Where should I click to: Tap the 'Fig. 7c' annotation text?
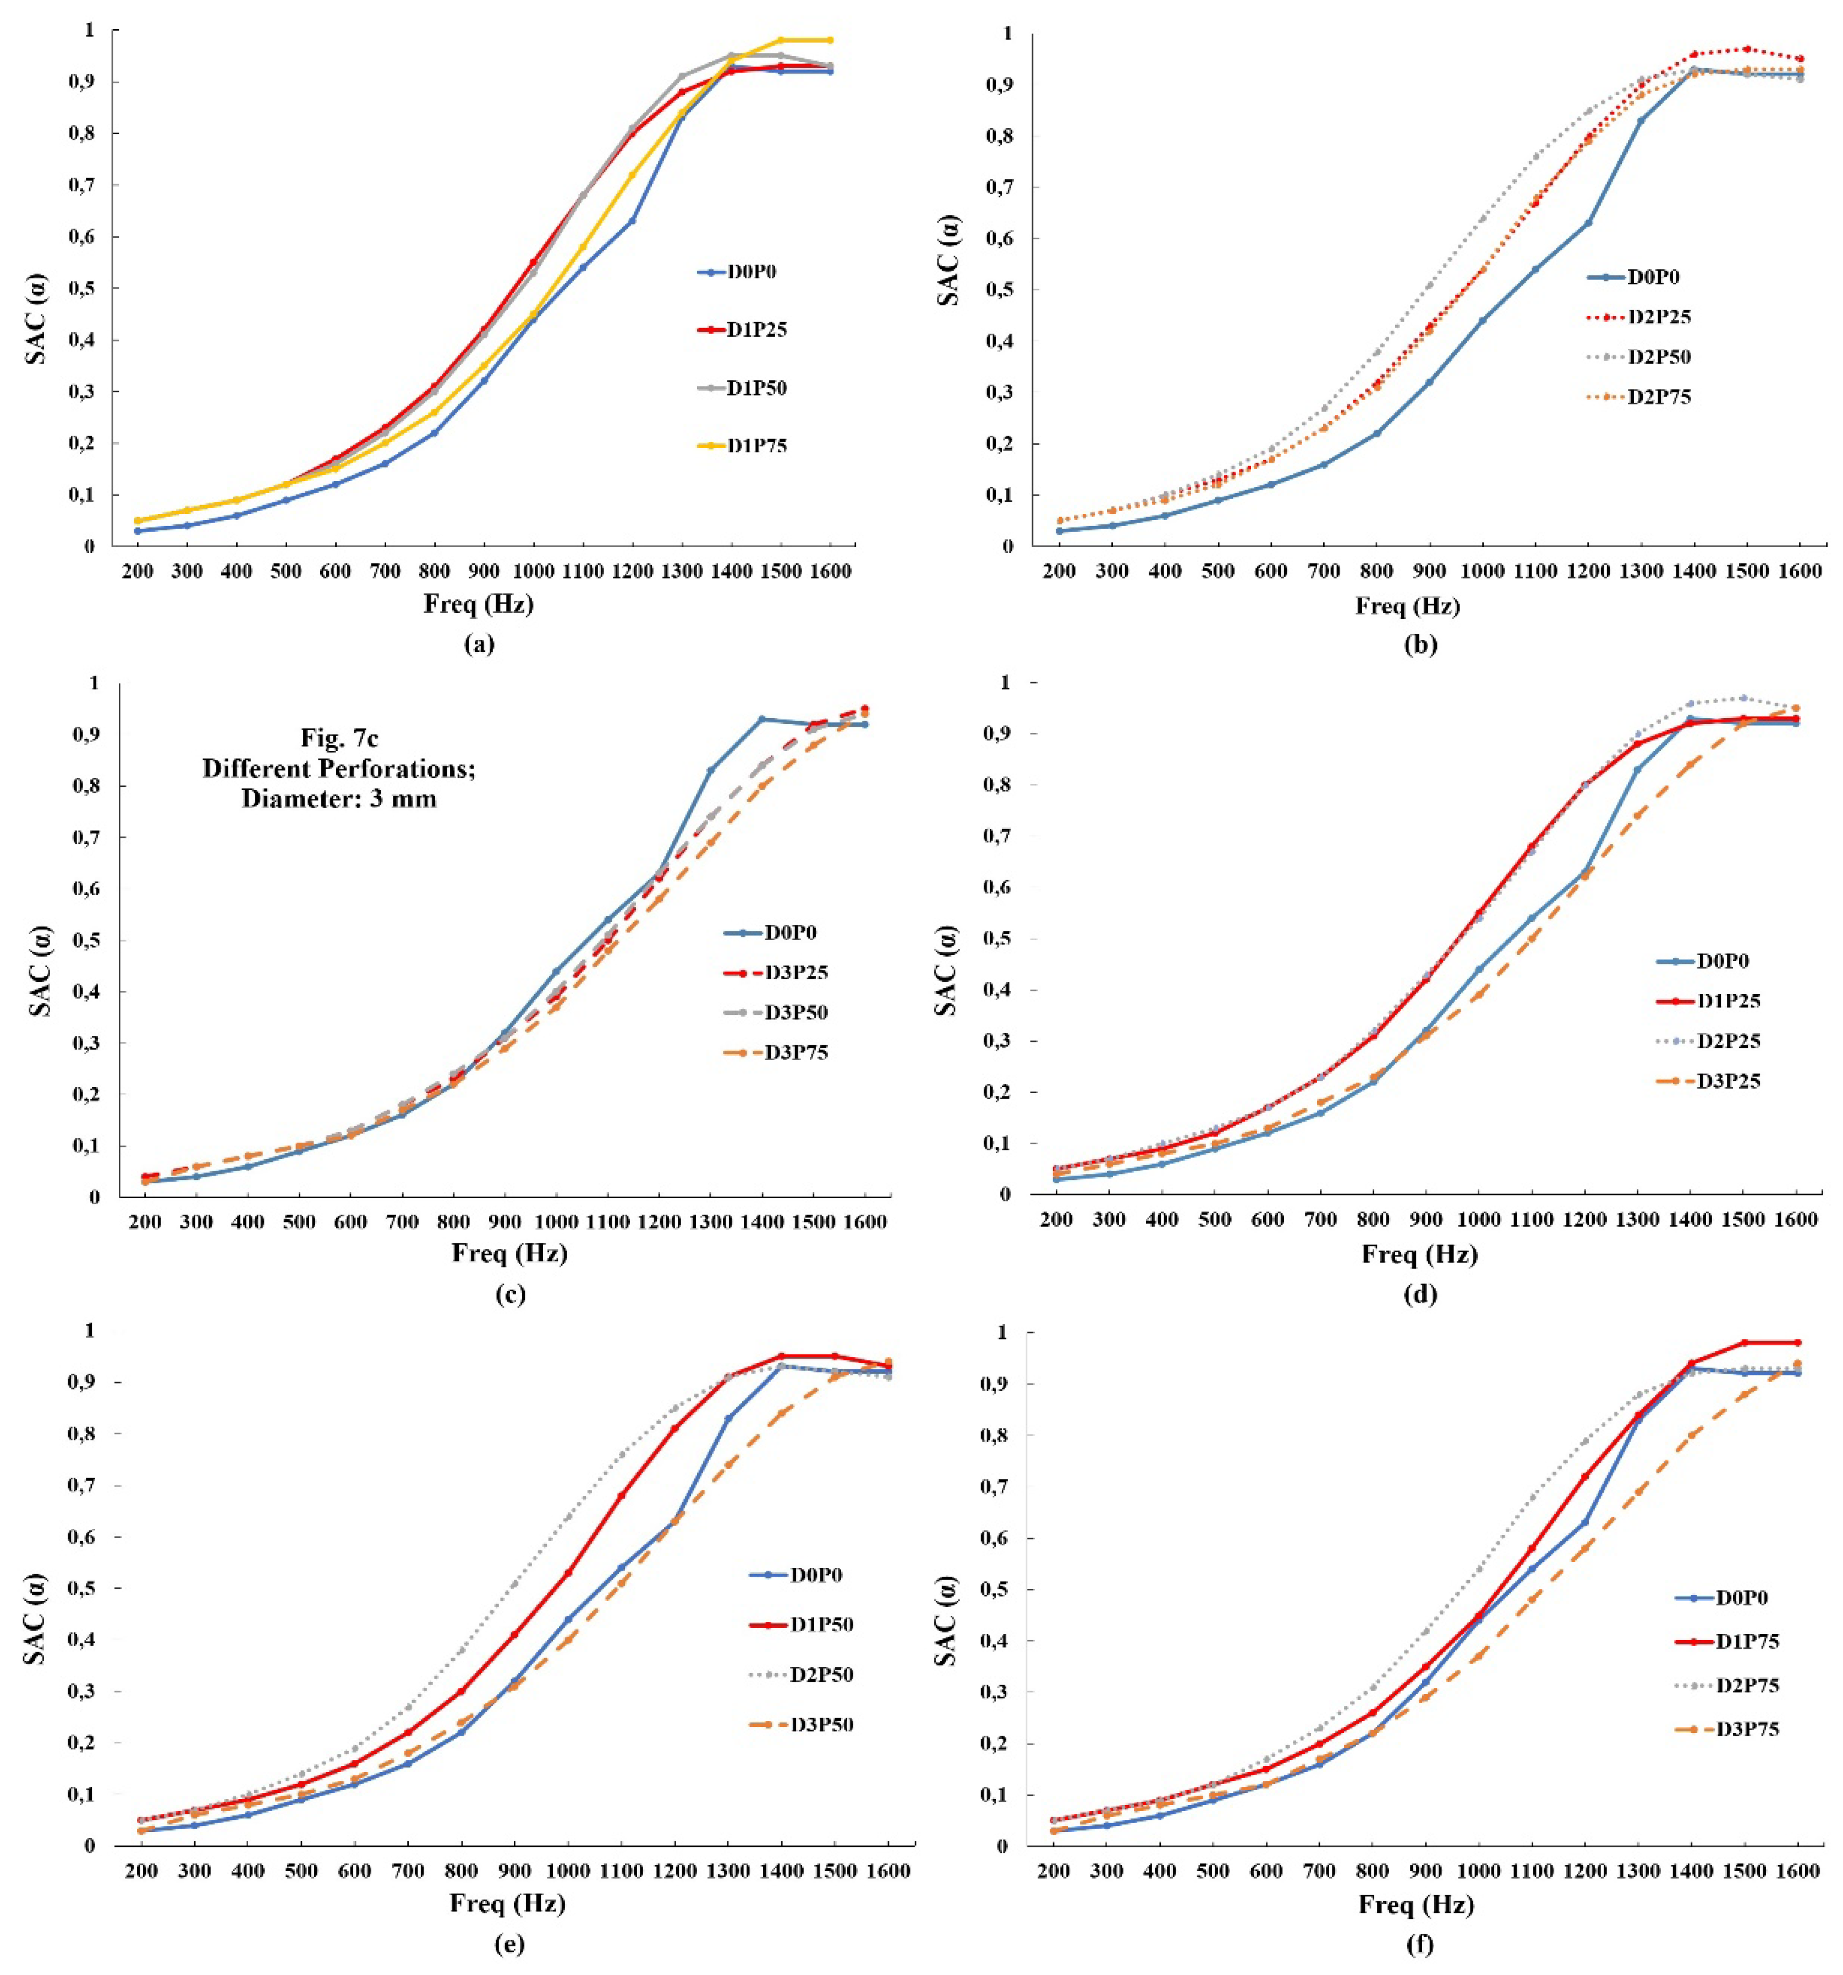[x=339, y=739]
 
